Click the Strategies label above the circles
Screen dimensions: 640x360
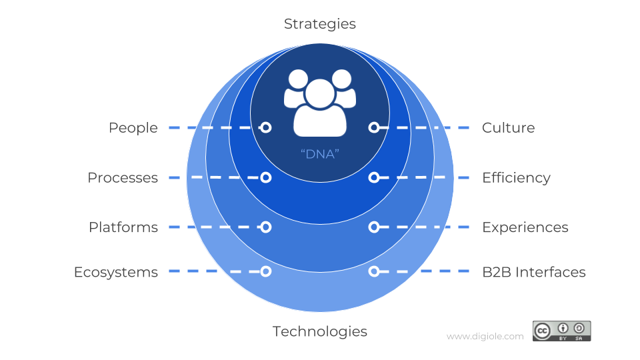tap(319, 24)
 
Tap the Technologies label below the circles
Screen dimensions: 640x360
tap(319, 331)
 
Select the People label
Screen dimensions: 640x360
tap(133, 128)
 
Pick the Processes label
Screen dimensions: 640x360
tap(123, 177)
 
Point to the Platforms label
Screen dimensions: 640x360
tap(123, 227)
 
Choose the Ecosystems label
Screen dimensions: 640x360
tap(116, 272)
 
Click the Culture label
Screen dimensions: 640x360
tap(508, 128)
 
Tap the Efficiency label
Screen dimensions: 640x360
tap(516, 178)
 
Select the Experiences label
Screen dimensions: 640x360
tap(525, 227)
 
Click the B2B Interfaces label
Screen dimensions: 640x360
tap(534, 272)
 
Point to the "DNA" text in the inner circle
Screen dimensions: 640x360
tap(320, 154)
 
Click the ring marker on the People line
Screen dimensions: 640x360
tap(266, 128)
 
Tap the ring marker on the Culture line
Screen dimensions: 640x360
tap(374, 128)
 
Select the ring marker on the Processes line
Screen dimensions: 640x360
tap(266, 177)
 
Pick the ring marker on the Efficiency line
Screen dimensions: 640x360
tap(374, 177)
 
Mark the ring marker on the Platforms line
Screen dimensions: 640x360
tap(266, 227)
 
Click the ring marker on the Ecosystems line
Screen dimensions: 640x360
tap(266, 271)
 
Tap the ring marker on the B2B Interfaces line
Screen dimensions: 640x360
tap(374, 271)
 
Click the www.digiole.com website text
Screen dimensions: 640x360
tap(485, 336)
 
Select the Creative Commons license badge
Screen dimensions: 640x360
tap(561, 331)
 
